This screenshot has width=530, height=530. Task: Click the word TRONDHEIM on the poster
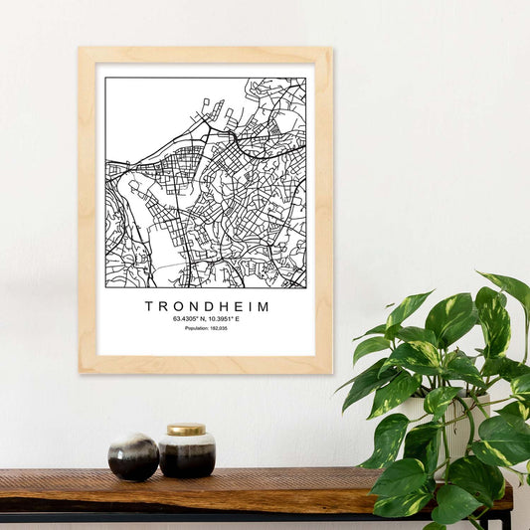pos(207,307)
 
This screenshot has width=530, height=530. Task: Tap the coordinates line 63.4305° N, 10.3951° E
pos(206,319)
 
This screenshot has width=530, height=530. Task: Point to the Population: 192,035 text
pos(206,328)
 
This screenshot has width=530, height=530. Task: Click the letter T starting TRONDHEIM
pos(149,307)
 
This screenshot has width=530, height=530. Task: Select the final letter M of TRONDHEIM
pos(264,307)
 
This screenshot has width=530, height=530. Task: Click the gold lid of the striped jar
pos(186,430)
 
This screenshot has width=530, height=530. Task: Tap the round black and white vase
pos(133,456)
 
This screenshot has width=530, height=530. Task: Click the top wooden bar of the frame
pos(205,56)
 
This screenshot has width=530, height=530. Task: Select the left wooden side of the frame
pos(88,210)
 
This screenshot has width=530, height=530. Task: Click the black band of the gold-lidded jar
pos(187,460)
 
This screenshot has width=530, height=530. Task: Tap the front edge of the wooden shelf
pos(199,503)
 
